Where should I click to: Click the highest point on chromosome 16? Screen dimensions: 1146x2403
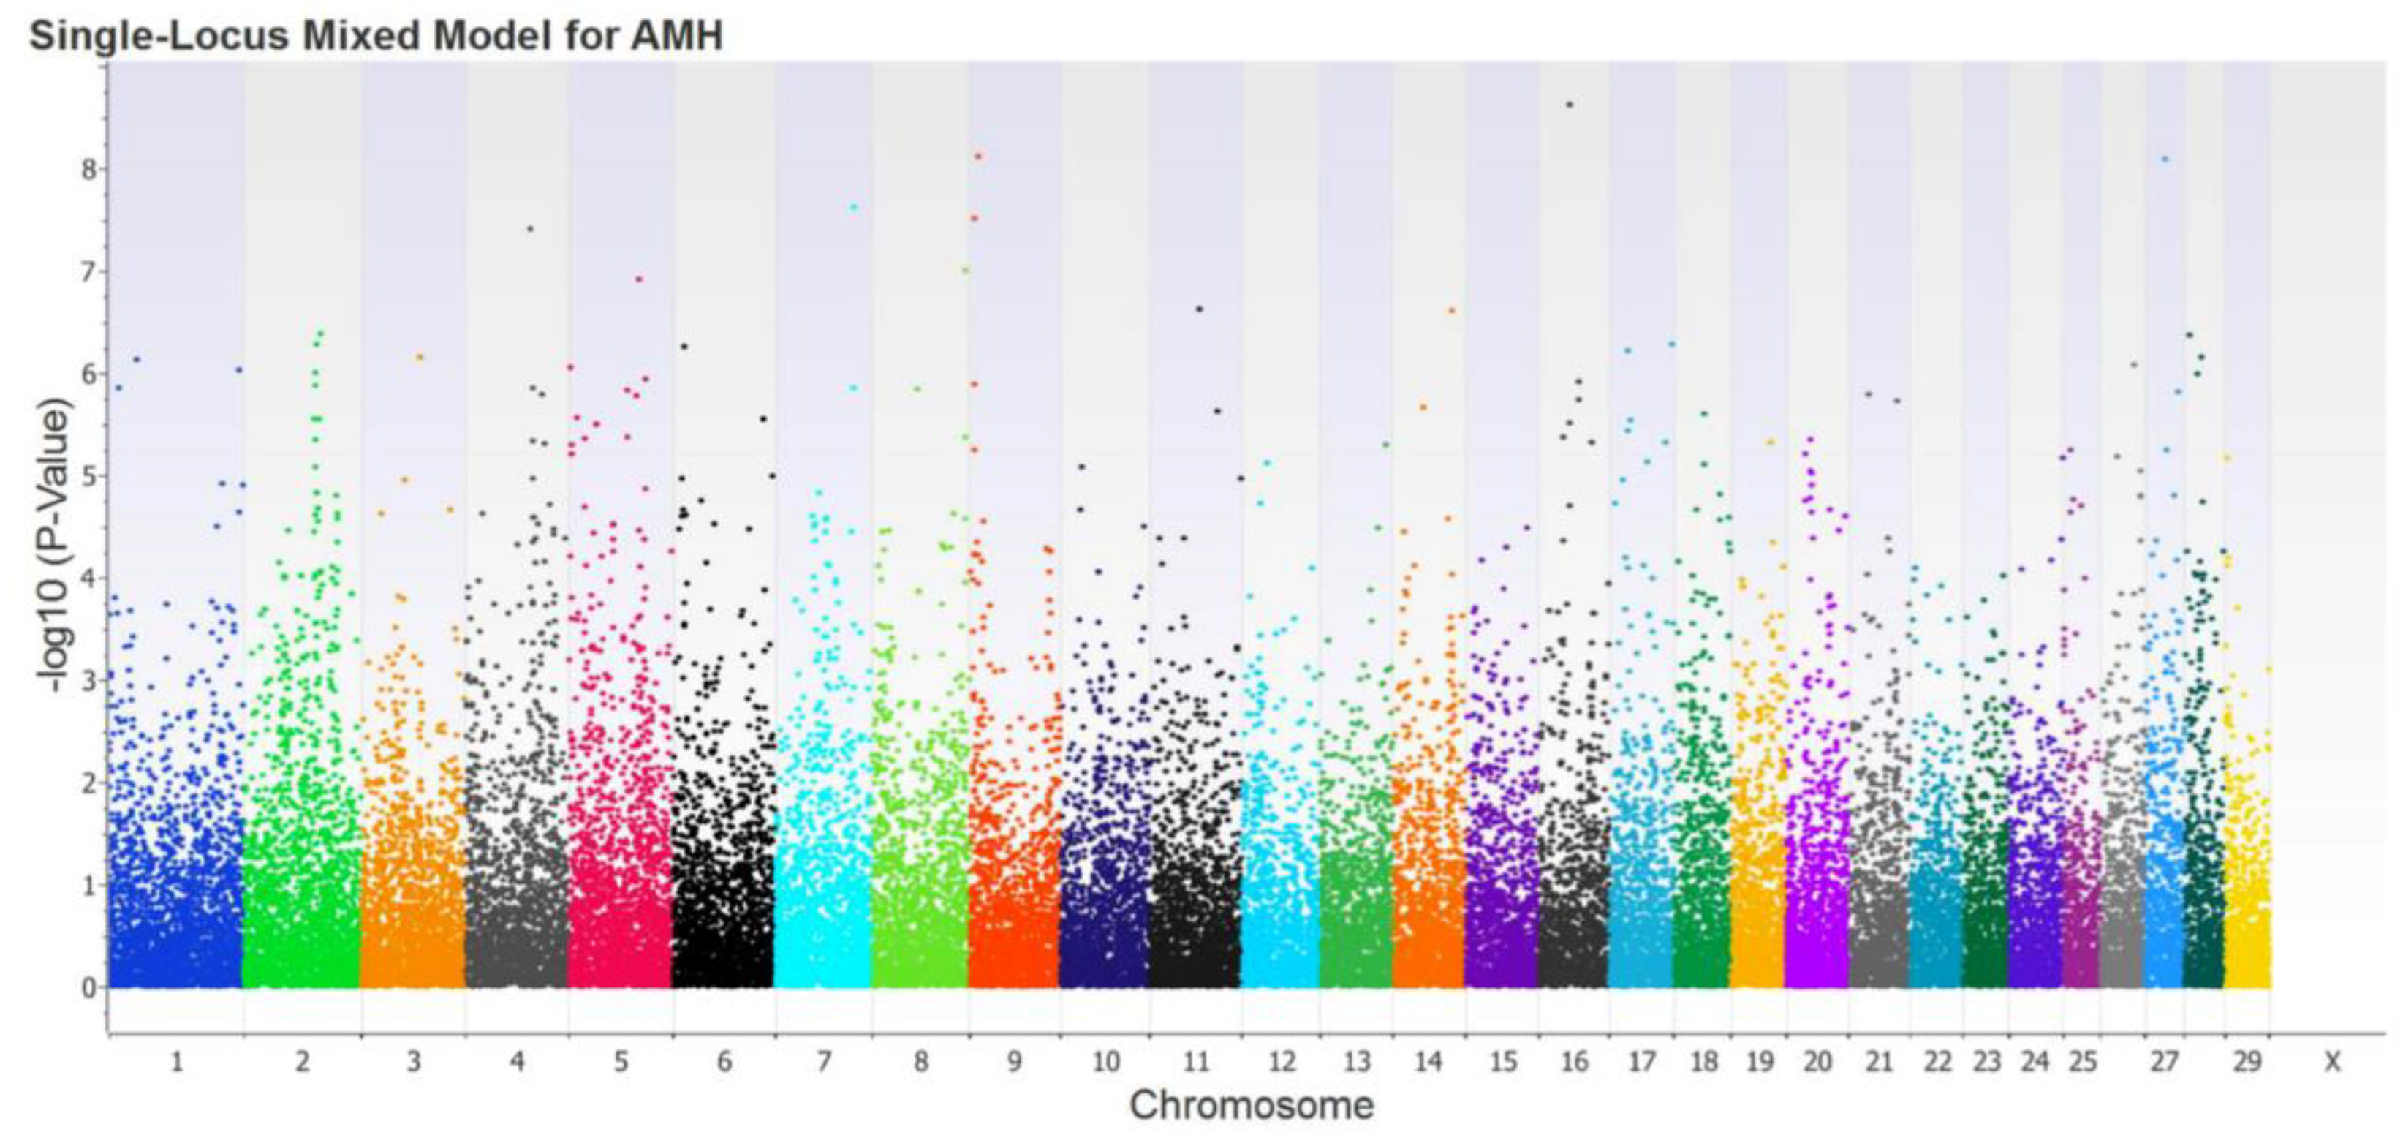click(1569, 105)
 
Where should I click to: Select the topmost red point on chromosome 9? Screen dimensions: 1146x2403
click(977, 156)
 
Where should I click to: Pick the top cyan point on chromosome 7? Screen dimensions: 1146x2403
click(852, 207)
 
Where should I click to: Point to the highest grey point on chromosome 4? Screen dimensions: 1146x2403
click(530, 229)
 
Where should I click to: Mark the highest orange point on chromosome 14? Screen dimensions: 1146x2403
click(1451, 311)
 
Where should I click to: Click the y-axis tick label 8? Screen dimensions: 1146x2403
click(88, 170)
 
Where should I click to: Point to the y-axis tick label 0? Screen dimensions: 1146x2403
click(88, 988)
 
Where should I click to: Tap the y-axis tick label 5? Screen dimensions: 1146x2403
click(88, 477)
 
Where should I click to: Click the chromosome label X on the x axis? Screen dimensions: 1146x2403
click(2332, 1062)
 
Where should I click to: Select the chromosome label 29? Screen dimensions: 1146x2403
click(2247, 1062)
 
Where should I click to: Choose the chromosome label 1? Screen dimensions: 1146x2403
click(176, 1062)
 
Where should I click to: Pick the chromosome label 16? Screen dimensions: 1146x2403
click(1574, 1062)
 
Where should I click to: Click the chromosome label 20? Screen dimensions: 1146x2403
click(1817, 1062)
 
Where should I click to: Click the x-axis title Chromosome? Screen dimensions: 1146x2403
click(1251, 1106)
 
